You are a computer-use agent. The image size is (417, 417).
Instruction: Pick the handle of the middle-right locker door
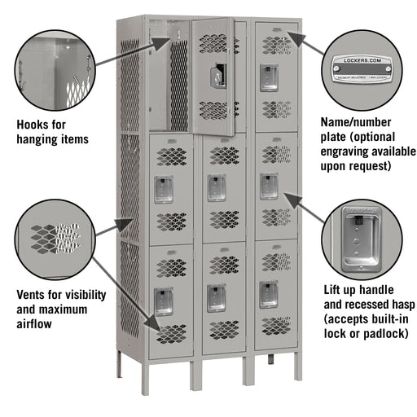point(269,185)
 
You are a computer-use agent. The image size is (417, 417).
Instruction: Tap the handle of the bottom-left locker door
point(164,301)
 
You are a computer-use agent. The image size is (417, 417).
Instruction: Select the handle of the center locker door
point(216,187)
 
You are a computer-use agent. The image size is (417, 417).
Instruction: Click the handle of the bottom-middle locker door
point(216,297)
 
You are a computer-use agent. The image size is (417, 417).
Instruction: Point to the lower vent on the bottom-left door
point(171,333)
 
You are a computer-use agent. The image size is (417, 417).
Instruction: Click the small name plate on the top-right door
point(274,31)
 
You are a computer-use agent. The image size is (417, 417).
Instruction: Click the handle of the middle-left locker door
point(164,188)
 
